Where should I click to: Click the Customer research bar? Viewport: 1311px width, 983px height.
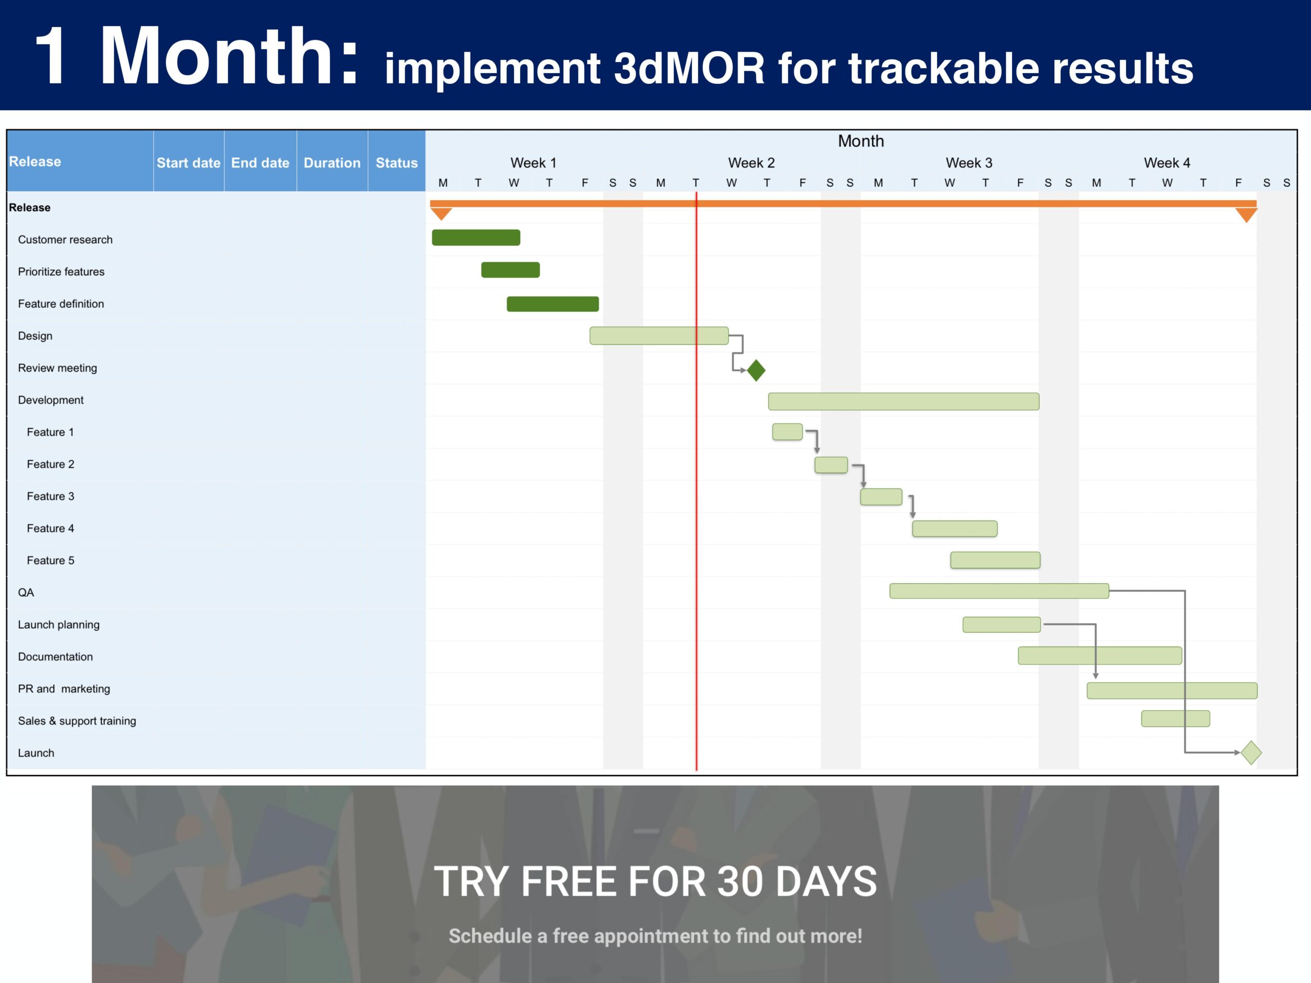[x=476, y=238]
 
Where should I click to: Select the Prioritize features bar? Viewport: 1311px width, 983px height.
[x=510, y=270]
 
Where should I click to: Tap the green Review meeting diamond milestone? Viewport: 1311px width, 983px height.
[x=756, y=370]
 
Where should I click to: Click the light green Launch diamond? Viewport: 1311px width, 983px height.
[x=1251, y=753]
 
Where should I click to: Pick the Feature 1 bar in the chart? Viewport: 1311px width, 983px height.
[x=787, y=432]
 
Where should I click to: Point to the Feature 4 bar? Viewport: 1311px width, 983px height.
[x=955, y=528]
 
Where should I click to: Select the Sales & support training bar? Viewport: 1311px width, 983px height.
[x=1175, y=719]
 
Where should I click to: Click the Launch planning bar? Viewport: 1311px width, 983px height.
[x=1002, y=625]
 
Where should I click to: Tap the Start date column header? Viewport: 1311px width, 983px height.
[x=188, y=162]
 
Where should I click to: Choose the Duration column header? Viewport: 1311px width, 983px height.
[x=332, y=162]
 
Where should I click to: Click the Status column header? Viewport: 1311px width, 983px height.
[x=396, y=162]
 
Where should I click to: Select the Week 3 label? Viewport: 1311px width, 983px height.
[x=968, y=163]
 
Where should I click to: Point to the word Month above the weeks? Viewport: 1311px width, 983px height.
[x=860, y=141]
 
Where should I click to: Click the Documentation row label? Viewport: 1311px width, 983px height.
[x=55, y=656]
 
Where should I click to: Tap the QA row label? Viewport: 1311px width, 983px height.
[x=26, y=592]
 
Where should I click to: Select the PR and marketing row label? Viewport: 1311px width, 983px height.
[x=64, y=689]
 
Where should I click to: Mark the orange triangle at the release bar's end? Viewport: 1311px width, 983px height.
[x=1246, y=215]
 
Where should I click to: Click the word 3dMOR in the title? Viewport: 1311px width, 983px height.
[x=689, y=69]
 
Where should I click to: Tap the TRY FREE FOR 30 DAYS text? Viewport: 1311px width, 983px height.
[x=655, y=882]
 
